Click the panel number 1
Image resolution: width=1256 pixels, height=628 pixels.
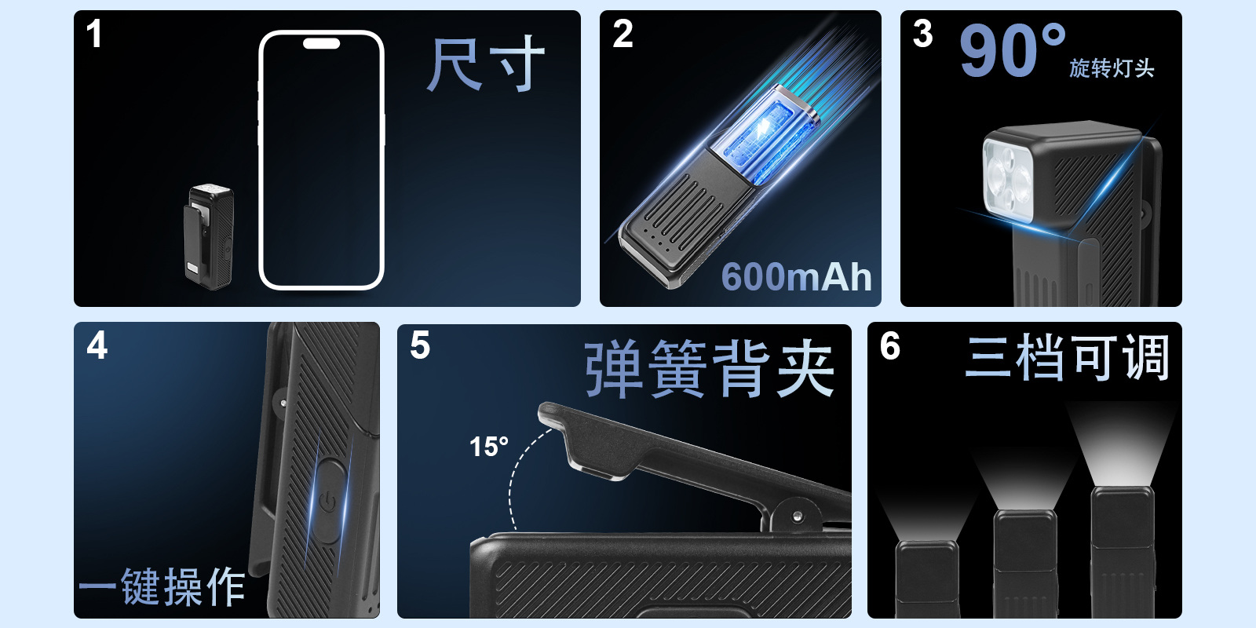coord(94,34)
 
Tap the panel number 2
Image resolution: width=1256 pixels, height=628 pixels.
coord(623,34)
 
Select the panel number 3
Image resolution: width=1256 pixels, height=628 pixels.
coord(923,34)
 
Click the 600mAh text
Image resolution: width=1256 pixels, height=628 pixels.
coord(796,276)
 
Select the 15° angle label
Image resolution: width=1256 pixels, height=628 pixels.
coord(489,447)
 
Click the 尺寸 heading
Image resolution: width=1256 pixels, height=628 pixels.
coord(486,64)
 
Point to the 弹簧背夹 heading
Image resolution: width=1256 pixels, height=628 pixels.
coord(710,369)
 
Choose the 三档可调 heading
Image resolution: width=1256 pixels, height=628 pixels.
coord(1067,357)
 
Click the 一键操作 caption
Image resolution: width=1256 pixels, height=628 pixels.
coord(162,586)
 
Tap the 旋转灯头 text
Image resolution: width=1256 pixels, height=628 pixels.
coord(1112,68)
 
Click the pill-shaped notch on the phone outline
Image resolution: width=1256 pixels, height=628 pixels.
coord(321,43)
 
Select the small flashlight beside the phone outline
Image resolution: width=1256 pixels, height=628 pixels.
coord(209,237)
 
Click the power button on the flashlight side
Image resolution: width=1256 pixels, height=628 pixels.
coord(328,501)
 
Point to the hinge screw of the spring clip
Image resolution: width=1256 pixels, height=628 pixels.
coord(798,516)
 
